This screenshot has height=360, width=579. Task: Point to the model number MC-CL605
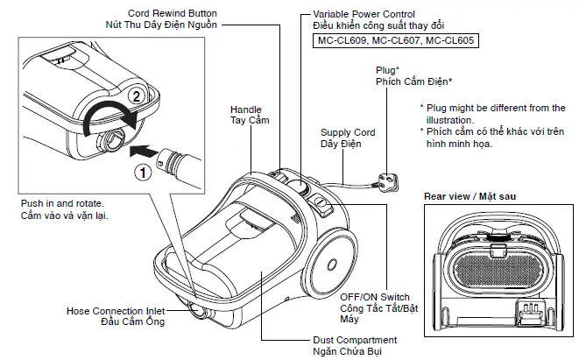pos(448,41)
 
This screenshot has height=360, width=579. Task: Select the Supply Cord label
pos(348,132)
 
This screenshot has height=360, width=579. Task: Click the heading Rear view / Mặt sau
pos(470,197)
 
